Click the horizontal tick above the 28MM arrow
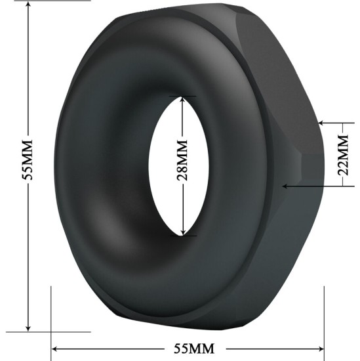click(182, 96)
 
